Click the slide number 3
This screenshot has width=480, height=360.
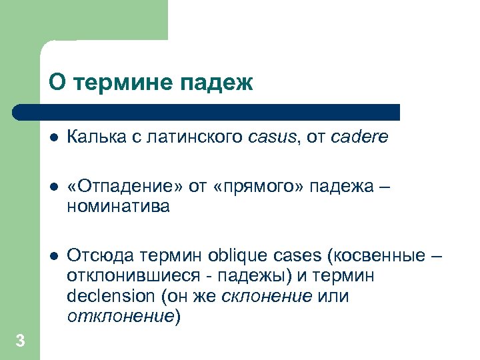[20, 341]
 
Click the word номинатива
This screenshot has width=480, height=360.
[118, 207]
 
